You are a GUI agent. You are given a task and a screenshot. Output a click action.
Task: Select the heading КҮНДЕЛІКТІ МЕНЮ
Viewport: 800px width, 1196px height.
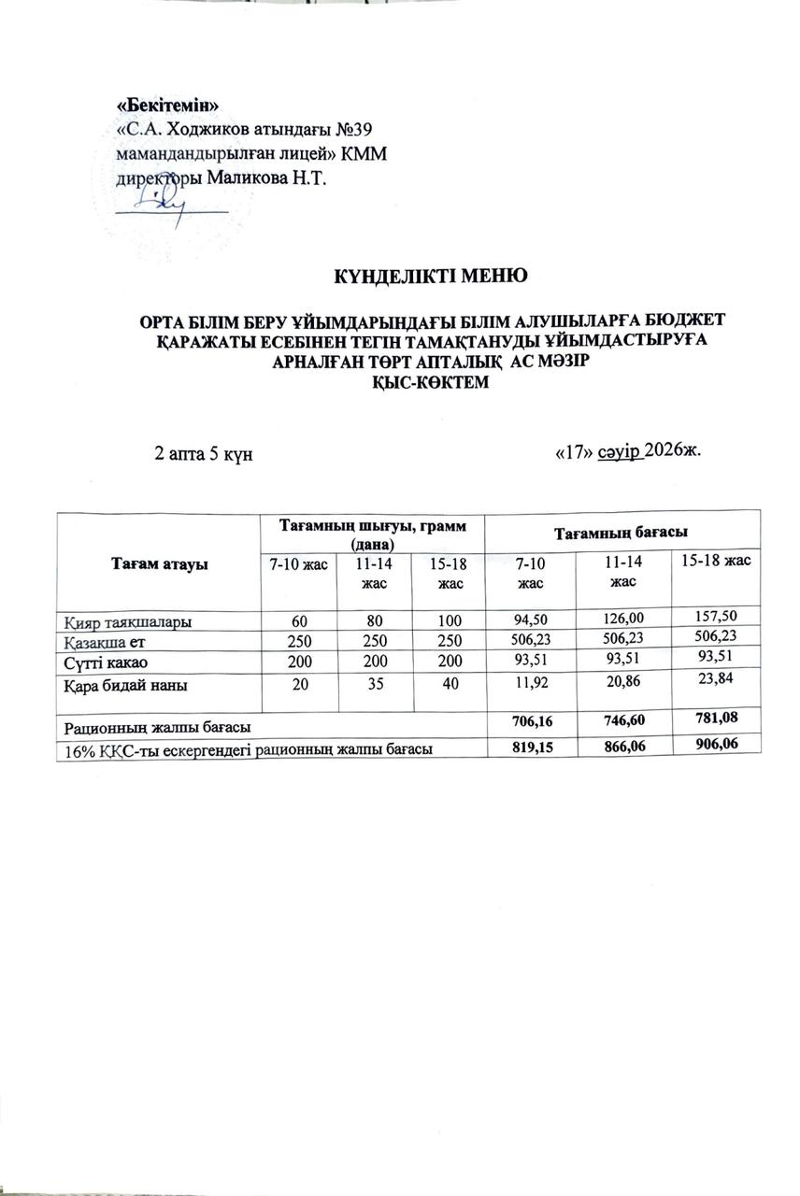point(432,276)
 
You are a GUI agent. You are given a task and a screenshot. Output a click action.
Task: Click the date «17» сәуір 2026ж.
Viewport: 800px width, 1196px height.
point(627,451)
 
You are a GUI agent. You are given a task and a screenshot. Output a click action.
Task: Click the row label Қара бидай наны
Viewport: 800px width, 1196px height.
point(124,687)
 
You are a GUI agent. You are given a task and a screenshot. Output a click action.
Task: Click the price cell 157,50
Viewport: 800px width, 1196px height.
point(713,618)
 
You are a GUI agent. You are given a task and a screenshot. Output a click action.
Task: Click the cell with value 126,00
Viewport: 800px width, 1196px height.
point(623,619)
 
